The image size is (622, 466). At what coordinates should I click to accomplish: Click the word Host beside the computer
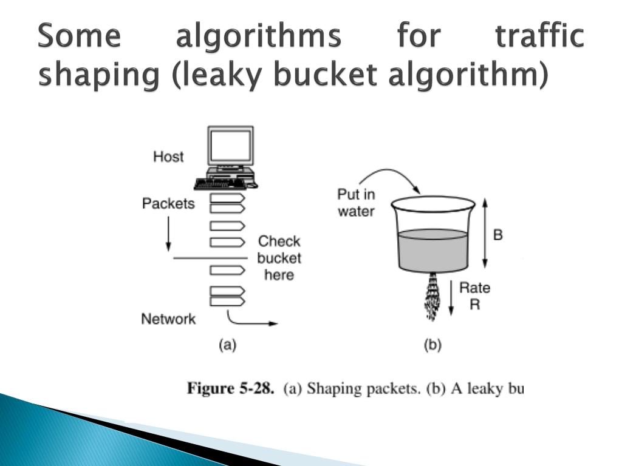tap(168, 157)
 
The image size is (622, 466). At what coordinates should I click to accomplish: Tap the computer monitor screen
tap(230, 146)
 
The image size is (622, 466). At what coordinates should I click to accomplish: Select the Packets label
tap(168, 203)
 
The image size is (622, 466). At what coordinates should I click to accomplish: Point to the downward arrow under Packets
tap(168, 234)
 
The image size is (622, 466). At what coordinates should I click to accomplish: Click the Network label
tap(168, 319)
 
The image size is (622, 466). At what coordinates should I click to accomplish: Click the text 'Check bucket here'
tap(279, 258)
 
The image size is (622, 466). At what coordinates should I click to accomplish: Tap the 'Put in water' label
tap(357, 203)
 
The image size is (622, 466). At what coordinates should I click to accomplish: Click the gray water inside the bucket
tap(432, 249)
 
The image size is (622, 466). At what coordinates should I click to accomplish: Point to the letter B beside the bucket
tap(497, 235)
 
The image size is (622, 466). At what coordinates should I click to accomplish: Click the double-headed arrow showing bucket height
tap(484, 234)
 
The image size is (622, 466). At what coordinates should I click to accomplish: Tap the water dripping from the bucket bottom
tap(432, 297)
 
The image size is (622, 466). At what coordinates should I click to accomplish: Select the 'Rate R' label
tap(474, 296)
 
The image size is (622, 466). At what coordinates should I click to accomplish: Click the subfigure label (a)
tap(227, 345)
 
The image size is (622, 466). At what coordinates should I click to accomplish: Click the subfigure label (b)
tap(432, 345)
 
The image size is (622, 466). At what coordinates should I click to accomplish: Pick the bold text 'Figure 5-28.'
tap(230, 388)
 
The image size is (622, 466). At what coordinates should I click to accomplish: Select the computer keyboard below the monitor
tap(226, 182)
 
